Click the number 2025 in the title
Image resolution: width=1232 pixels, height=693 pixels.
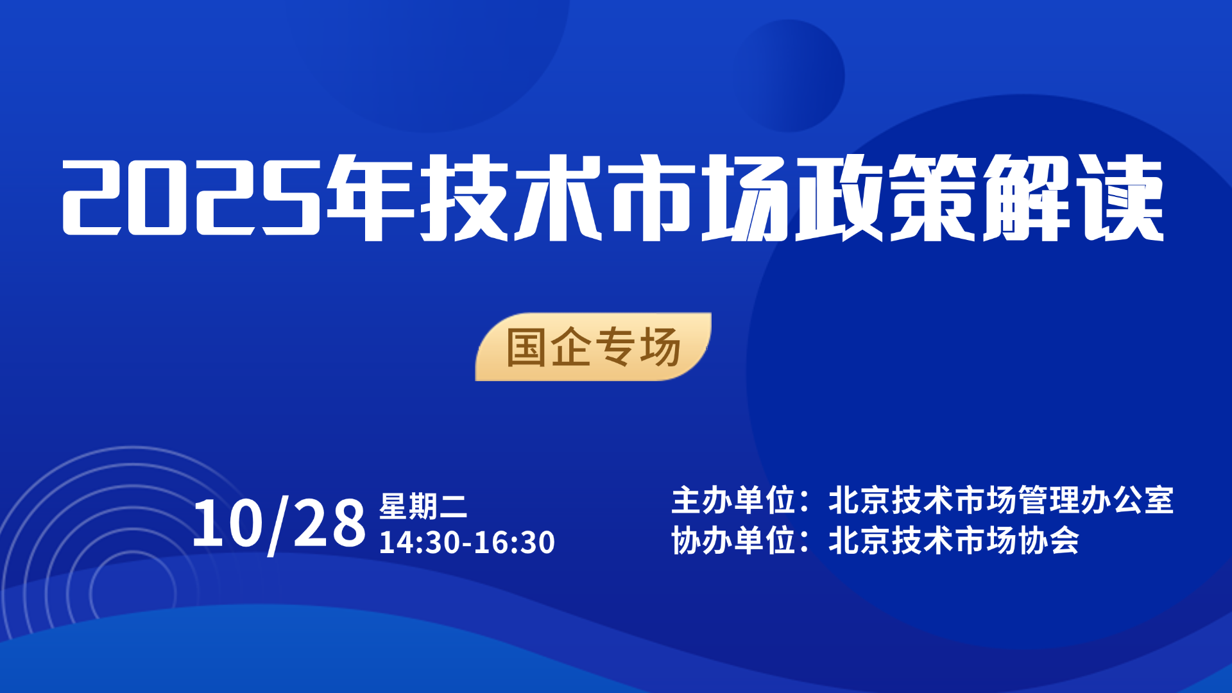191,197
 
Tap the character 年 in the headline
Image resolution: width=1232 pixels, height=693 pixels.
370,197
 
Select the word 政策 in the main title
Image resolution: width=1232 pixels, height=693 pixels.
887,197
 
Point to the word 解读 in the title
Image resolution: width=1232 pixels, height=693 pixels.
1074,197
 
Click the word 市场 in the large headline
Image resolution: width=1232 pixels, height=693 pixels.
699,197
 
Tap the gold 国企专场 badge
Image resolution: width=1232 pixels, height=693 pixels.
594,346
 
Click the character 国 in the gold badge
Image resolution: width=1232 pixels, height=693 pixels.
526,347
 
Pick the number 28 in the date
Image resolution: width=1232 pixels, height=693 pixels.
329,524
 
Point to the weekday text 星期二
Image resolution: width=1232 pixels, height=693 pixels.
423,506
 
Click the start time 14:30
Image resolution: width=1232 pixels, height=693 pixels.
420,542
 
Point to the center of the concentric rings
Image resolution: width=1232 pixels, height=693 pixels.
133,594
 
